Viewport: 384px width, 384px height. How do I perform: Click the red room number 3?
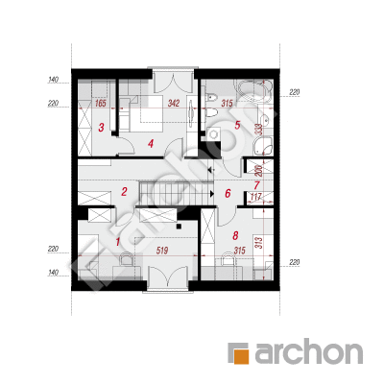[101, 128]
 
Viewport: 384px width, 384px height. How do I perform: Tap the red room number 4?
[151, 143]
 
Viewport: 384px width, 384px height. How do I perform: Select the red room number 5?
[237, 125]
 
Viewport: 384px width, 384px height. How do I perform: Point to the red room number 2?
[124, 192]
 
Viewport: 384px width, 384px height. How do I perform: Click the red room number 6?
[228, 193]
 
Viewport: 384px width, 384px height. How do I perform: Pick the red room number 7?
[257, 185]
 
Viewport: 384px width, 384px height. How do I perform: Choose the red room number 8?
[235, 236]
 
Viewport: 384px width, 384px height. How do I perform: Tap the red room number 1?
[117, 242]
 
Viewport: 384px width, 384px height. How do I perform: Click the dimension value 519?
[162, 251]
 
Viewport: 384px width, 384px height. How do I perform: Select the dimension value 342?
[174, 104]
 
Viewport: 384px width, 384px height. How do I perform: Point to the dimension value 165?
[101, 104]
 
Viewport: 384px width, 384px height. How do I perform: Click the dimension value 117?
[256, 197]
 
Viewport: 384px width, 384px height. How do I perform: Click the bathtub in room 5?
[254, 87]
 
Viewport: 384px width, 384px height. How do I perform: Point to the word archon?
[308, 352]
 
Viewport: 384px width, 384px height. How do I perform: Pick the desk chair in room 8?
[228, 258]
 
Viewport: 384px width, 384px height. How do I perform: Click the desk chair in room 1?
[126, 258]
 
